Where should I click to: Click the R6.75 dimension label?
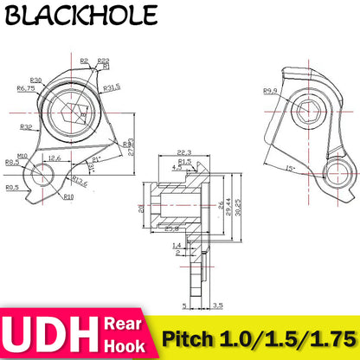pos(25,87)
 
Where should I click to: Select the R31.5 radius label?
pos(111,88)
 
